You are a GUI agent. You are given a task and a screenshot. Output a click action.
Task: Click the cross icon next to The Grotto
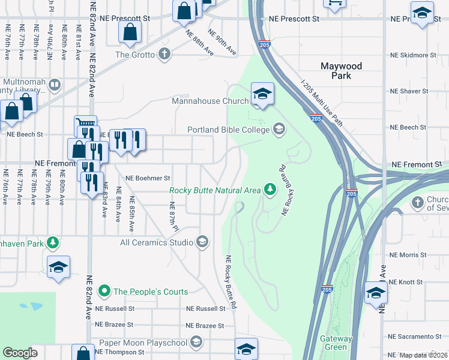[164, 55]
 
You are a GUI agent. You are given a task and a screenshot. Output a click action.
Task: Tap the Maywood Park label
[341, 71]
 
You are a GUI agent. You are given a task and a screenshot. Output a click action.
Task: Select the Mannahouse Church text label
[210, 101]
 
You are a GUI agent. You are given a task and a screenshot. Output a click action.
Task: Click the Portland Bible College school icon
[279, 129]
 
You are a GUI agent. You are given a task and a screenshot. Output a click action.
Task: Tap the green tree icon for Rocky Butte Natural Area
[270, 190]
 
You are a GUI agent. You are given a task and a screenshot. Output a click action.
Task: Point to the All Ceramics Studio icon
[202, 242]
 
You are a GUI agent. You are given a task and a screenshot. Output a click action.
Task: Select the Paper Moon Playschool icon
[196, 342]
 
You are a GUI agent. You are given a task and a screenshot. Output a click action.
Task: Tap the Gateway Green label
[336, 343]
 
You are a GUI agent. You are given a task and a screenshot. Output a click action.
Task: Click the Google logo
[20, 353]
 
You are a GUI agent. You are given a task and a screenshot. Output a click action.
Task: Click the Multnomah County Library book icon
[55, 84]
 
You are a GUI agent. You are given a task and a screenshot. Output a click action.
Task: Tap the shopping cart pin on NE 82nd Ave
[86, 125]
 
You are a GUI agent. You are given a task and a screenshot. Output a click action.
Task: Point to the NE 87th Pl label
[175, 217]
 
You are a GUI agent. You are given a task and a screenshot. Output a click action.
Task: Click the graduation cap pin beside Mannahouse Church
[262, 94]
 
